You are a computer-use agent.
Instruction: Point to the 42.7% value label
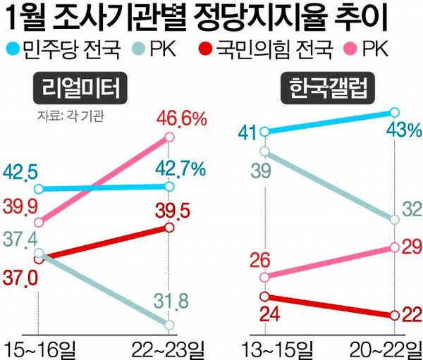(x=182, y=169)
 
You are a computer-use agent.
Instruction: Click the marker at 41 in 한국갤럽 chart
(x=265, y=131)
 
